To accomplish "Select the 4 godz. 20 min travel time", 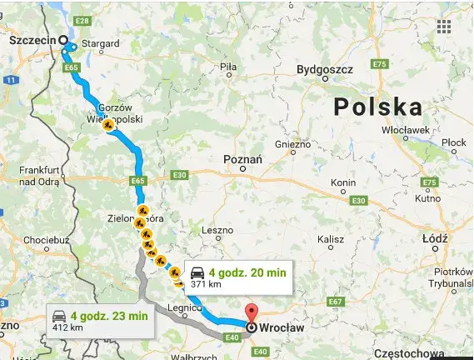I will (x=248, y=272).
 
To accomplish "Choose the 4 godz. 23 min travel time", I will (x=109, y=316).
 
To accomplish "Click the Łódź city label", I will (x=435, y=238).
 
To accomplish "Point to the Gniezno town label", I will (x=292, y=144).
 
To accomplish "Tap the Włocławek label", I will (x=404, y=131).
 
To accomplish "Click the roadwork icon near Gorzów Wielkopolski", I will (x=108, y=126).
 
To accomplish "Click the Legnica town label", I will (x=182, y=307).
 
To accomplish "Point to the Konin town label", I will (x=343, y=182).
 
